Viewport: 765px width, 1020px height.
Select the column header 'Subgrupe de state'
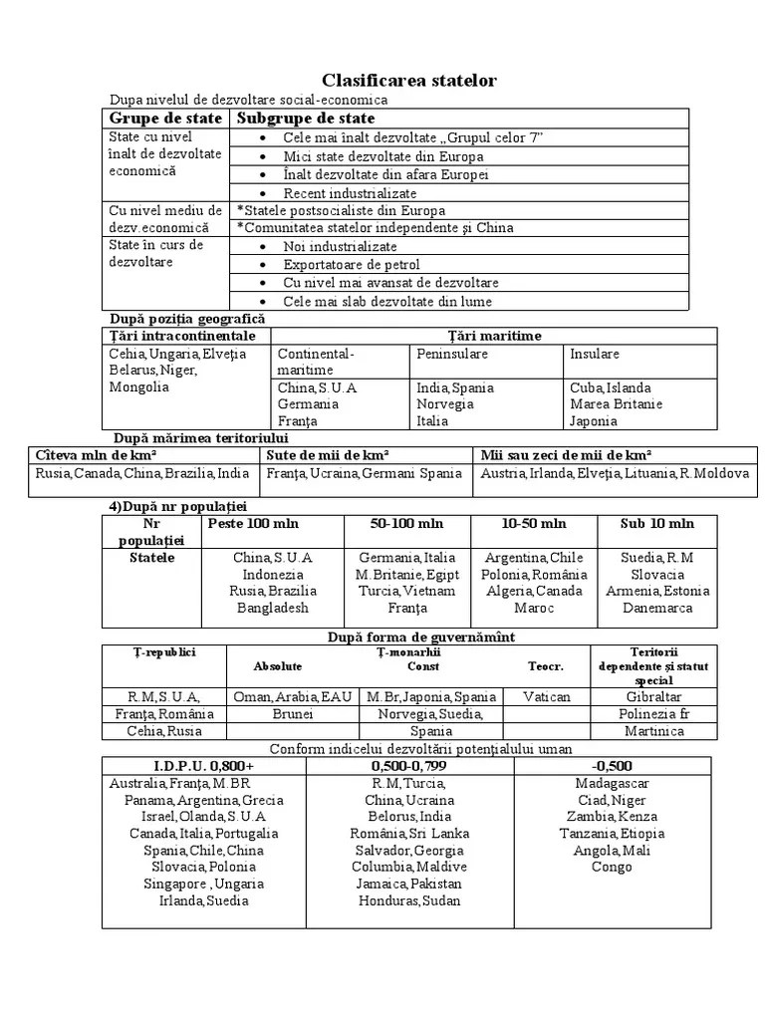click(x=305, y=119)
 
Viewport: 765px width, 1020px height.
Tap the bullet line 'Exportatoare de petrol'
click(x=351, y=265)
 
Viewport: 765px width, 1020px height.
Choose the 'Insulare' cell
click(x=595, y=354)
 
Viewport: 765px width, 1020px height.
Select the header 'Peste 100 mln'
click(x=252, y=523)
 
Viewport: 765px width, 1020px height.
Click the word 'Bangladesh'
click(x=273, y=608)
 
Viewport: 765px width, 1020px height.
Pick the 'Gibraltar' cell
click(x=653, y=697)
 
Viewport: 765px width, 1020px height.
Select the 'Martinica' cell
click(x=653, y=731)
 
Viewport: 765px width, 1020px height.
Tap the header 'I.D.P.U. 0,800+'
click(x=203, y=766)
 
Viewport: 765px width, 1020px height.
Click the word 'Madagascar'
click(x=612, y=783)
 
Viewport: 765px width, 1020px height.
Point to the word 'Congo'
click(x=612, y=867)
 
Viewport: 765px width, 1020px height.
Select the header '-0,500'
click(x=612, y=766)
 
